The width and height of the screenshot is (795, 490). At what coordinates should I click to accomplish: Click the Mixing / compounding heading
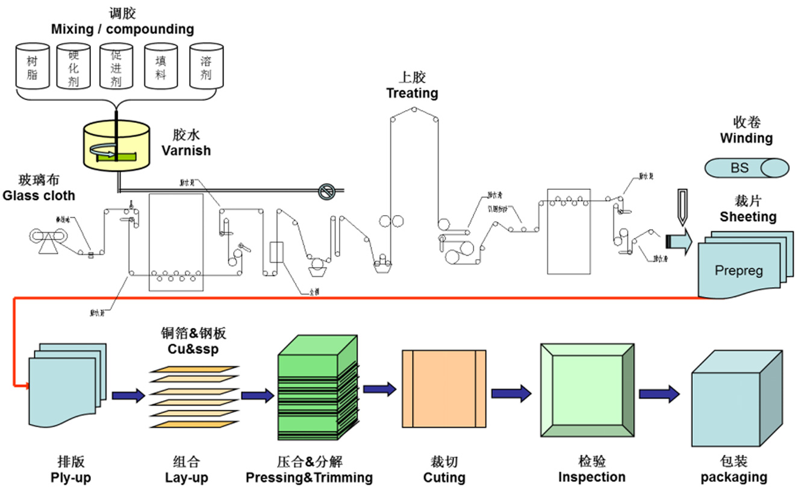pos(122,29)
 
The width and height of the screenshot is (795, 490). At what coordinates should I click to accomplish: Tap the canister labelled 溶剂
pos(205,66)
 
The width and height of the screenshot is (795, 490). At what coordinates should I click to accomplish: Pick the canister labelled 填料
pos(161,66)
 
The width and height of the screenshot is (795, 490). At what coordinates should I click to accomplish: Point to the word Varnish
pos(186,150)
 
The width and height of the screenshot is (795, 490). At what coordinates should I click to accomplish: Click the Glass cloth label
pos(39,195)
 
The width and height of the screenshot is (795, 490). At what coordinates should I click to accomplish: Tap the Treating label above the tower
pos(412,93)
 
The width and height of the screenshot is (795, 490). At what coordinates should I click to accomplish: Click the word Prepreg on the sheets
pos(738,270)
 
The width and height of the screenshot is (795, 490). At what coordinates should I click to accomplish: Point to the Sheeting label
pos(748,216)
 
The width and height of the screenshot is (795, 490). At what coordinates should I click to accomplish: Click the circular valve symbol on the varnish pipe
pos(326,192)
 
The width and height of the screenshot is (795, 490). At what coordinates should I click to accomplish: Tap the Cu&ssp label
pos(193,350)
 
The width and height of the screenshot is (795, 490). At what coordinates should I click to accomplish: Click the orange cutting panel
pos(443,388)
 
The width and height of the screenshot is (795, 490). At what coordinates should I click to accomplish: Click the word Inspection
pos(591,477)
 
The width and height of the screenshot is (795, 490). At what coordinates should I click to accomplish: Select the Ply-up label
pos(70,477)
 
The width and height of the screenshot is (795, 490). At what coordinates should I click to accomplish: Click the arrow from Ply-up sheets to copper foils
pos(128,395)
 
